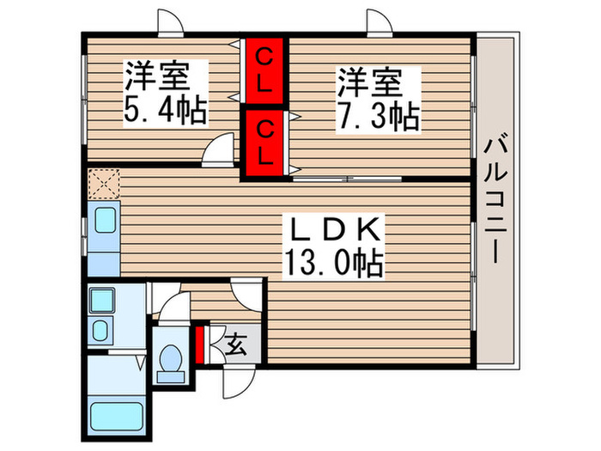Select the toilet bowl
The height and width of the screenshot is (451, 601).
tap(172, 363)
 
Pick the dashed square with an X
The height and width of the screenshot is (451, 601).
tap(103, 183)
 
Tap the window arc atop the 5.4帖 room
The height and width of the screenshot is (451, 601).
tap(168, 21)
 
